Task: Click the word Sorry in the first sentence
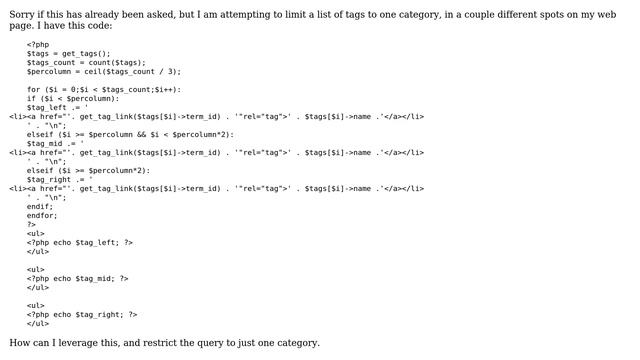coord(25,14)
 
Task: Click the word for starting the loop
coord(34,89)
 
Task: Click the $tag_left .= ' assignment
coord(58,107)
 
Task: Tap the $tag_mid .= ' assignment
coord(56,143)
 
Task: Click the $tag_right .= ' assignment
coord(60,179)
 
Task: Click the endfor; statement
coord(42,215)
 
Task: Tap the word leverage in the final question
coord(85,343)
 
